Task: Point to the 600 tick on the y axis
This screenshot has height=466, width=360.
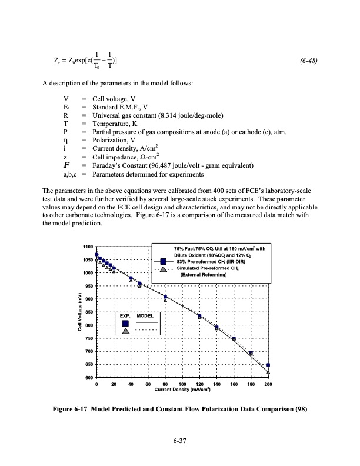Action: [88, 377]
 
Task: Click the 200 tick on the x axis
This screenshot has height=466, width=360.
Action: [268, 384]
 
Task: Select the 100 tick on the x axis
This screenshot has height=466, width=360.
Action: [182, 384]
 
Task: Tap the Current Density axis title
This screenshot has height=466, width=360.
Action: [182, 390]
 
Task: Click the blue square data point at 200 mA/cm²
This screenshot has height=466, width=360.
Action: [268, 365]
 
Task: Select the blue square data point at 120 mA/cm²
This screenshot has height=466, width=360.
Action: [200, 317]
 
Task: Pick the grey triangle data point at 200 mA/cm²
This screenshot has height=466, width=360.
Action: [268, 372]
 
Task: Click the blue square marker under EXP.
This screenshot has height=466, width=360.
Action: [125, 323]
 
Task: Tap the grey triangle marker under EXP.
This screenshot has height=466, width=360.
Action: [125, 331]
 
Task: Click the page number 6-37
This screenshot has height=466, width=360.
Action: [179, 442]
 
